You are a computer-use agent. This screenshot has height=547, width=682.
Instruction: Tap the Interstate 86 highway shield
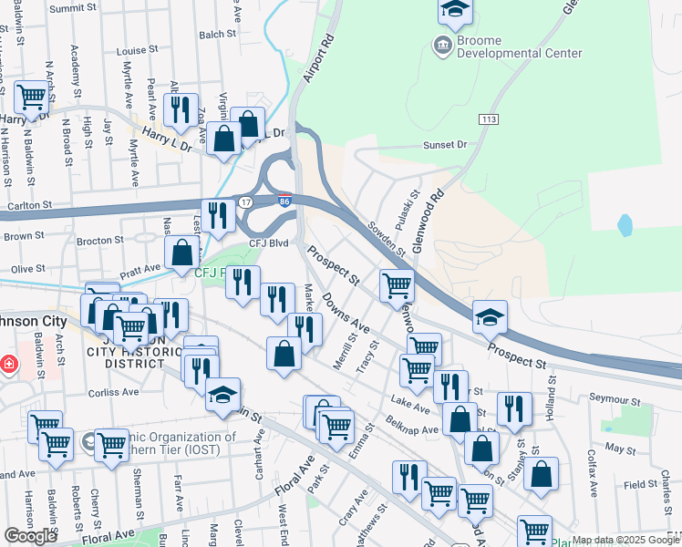(284, 201)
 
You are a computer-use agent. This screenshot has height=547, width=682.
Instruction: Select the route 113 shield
(489, 119)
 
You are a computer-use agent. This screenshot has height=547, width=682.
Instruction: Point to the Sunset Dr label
(444, 145)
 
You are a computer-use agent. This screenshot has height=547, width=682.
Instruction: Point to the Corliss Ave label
(114, 392)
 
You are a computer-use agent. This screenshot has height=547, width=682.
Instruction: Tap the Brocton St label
(100, 241)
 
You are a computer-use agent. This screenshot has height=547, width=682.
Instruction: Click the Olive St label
(27, 270)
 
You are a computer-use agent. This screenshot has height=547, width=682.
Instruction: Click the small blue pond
(625, 224)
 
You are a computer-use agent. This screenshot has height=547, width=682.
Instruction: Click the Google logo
(30, 536)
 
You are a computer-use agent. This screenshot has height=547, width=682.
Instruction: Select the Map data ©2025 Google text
(625, 540)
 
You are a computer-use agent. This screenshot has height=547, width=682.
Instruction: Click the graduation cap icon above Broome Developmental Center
(453, 10)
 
